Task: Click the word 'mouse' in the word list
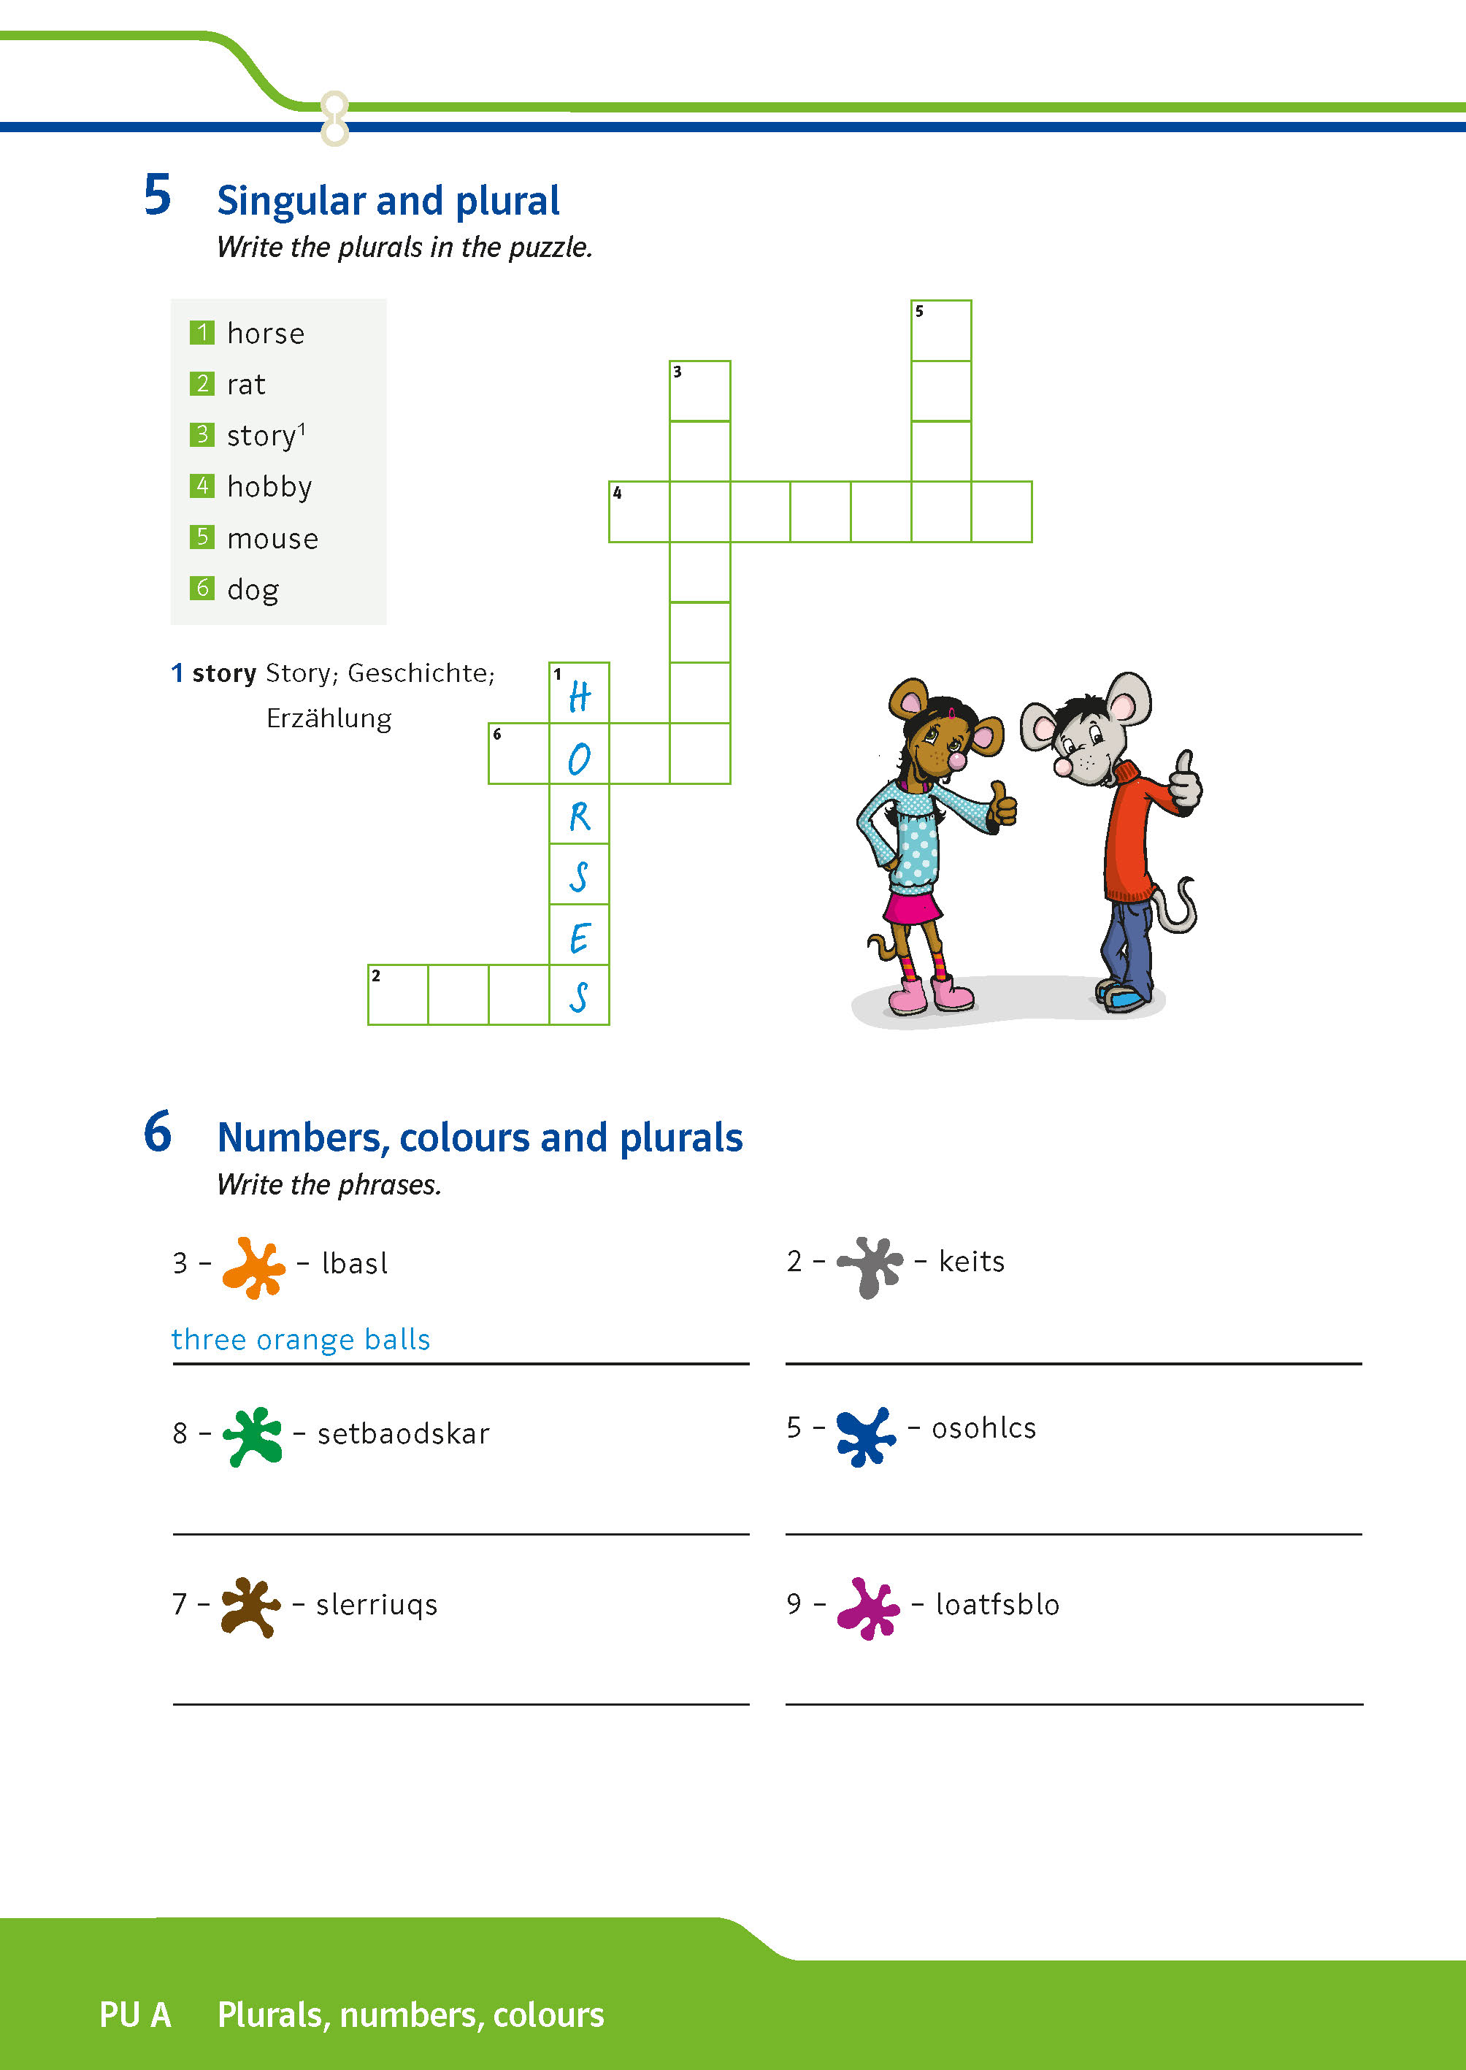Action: tap(272, 539)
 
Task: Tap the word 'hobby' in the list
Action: tap(269, 488)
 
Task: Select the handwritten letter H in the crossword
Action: tap(580, 696)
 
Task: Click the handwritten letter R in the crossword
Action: tap(580, 816)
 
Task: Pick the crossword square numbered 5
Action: tap(940, 331)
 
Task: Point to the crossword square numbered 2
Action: tap(398, 994)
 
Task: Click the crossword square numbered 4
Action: tap(639, 512)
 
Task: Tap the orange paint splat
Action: tap(253, 1267)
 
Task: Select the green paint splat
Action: tap(252, 1435)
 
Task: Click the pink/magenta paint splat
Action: tap(867, 1607)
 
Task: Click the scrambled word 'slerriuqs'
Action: tap(377, 1604)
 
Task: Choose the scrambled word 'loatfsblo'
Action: tap(997, 1604)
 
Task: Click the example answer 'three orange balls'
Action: tap(301, 1339)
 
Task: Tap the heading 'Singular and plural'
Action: tap(388, 200)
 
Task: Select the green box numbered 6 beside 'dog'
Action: tap(202, 588)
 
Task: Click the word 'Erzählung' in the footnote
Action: tap(329, 718)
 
